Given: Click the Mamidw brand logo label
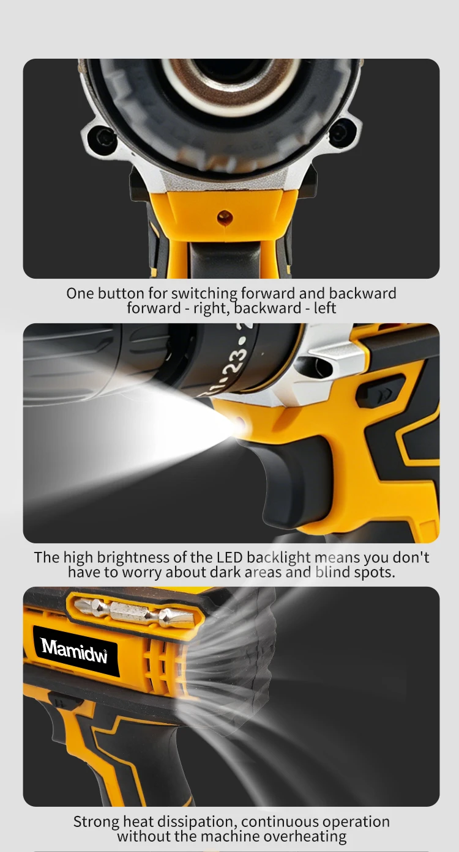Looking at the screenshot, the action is click(75, 651).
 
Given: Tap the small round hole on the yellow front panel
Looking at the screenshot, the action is click(225, 217).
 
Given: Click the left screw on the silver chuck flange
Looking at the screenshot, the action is click(103, 137).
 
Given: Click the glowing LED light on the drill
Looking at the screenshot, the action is click(240, 422).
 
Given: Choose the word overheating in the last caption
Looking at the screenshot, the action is click(305, 836).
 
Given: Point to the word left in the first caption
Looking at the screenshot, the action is click(325, 307).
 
